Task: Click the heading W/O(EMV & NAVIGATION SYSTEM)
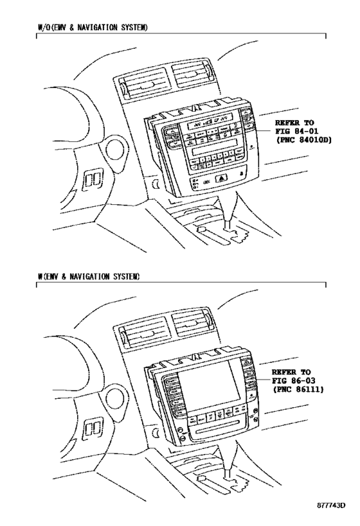click(93, 28)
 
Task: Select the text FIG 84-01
click(296, 131)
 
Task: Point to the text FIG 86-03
click(293, 380)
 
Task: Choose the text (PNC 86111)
click(297, 389)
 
